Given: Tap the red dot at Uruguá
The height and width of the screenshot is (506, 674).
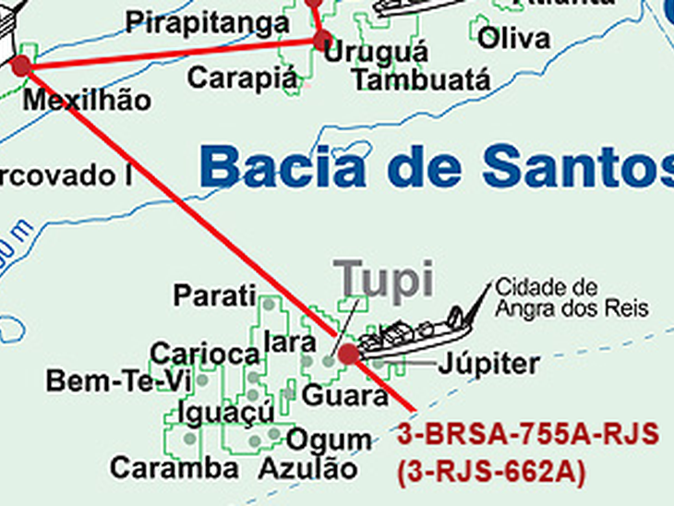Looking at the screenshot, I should click(x=321, y=41).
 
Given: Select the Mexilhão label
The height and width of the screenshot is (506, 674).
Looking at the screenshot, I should click(x=86, y=100).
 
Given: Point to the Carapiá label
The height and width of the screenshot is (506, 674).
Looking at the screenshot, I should click(x=244, y=78).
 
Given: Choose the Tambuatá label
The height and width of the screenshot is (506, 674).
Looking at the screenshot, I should click(x=421, y=79).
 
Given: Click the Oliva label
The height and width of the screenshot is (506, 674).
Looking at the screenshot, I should click(x=514, y=39).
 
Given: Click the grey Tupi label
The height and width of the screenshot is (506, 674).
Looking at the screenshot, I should click(x=384, y=280).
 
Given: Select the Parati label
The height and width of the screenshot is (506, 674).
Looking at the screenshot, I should click(x=214, y=296).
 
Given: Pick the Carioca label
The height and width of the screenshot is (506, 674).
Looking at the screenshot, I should click(x=204, y=354).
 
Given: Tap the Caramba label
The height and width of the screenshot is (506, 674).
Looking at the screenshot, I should click(x=174, y=467).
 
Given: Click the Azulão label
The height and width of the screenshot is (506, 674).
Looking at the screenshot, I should click(x=307, y=468).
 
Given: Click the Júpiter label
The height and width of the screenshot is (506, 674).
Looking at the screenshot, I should click(x=488, y=364).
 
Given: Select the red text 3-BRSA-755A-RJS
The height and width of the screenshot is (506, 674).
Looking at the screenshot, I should click(x=529, y=434).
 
